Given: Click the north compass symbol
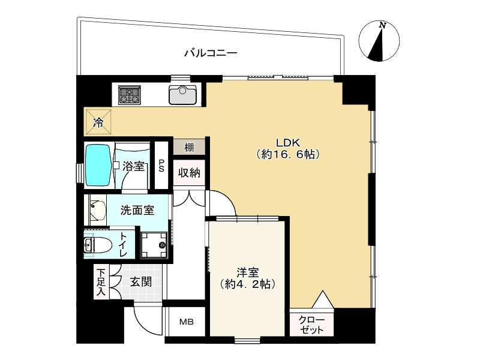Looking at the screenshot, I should [379, 42].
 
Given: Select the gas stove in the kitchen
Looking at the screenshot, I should [128, 94].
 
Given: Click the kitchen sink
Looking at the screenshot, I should [183, 94].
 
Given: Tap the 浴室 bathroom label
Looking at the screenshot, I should [133, 166].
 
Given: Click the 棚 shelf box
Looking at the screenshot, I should [189, 147].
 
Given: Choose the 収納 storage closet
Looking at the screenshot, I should [189, 173].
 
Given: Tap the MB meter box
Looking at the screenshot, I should [187, 322].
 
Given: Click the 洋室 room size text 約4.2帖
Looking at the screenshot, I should [247, 284].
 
